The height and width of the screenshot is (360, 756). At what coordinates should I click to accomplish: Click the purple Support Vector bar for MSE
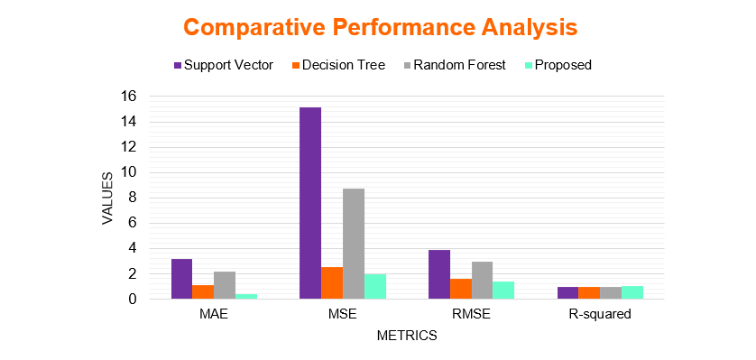click(310, 203)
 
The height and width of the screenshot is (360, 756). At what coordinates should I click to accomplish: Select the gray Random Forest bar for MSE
click(354, 244)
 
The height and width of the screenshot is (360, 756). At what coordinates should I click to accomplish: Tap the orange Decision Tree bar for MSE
click(332, 283)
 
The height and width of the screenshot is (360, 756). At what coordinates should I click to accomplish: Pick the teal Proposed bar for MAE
click(246, 296)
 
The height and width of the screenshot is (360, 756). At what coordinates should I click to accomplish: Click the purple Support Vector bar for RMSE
click(438, 274)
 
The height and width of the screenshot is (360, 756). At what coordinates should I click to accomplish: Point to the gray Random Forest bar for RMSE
click(482, 281)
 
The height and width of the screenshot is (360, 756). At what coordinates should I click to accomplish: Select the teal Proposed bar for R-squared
click(632, 292)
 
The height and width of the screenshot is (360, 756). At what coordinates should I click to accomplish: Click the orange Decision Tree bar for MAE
click(203, 292)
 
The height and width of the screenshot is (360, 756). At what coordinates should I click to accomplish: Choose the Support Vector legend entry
click(223, 65)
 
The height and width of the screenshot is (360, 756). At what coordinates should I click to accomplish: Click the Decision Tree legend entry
click(339, 65)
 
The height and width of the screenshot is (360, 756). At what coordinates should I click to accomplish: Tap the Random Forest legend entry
click(454, 65)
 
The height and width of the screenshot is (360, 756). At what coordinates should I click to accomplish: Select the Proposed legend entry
click(558, 65)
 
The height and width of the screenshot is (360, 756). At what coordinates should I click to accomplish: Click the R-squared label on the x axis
click(600, 315)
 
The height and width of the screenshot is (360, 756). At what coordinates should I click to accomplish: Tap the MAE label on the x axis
click(214, 315)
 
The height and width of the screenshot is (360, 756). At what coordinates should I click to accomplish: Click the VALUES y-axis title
click(107, 198)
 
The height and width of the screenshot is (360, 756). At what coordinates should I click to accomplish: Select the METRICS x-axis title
click(407, 336)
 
